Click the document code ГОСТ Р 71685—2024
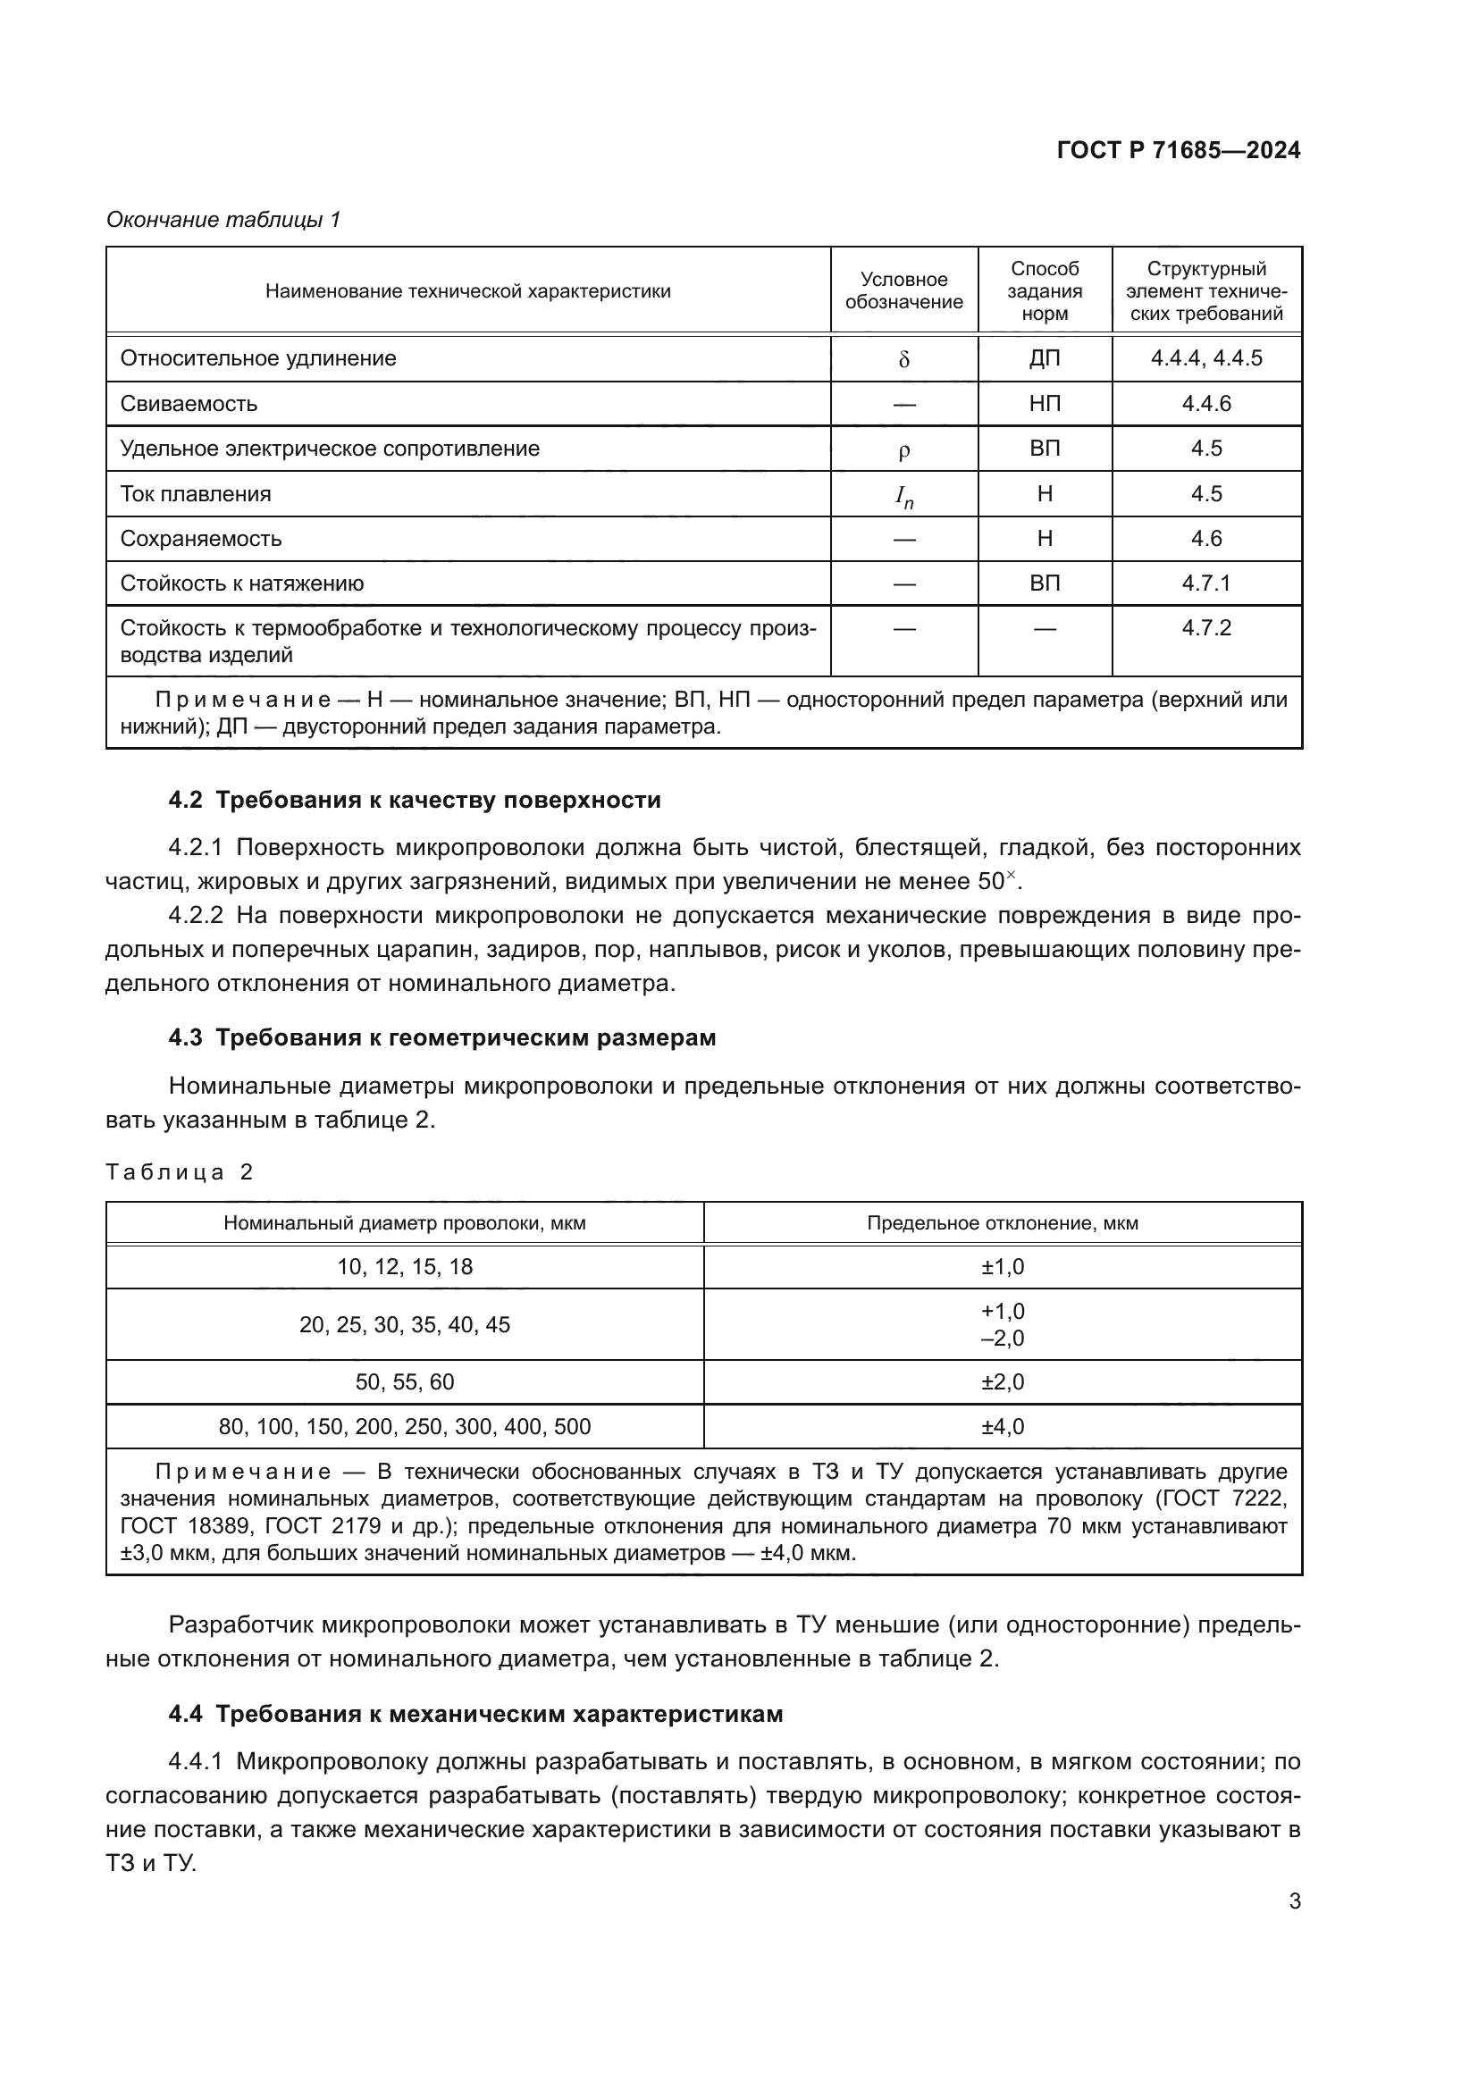(1179, 150)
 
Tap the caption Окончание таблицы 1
(223, 220)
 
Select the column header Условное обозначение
(903, 290)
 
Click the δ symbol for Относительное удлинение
(903, 359)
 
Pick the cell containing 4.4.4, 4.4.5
(1205, 357)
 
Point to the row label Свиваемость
(189, 403)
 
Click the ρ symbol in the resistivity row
(903, 450)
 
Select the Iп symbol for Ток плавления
(903, 496)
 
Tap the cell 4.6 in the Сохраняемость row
(1205, 538)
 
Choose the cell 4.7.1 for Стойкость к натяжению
(1205, 583)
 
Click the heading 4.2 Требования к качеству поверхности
(414, 800)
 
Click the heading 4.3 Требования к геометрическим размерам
(441, 1037)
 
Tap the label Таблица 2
(179, 1171)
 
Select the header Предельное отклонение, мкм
(1002, 1222)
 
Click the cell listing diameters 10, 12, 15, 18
(404, 1266)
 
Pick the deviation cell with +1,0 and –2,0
(1002, 1324)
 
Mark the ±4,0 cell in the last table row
(1002, 1426)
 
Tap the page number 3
(1294, 1901)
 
